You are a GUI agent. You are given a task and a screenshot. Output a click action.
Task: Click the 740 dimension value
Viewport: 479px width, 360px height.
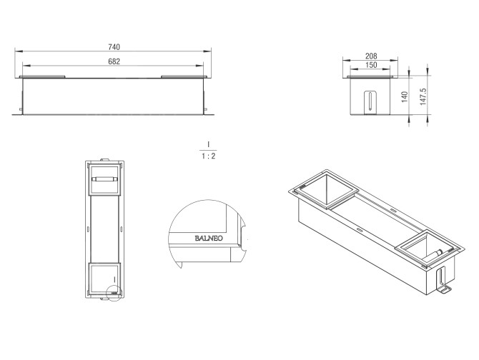pyautogui.click(x=114, y=46)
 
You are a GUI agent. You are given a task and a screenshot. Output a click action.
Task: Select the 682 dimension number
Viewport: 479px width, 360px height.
pyautogui.click(x=114, y=61)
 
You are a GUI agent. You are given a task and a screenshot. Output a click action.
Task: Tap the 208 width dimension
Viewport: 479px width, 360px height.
pyautogui.click(x=371, y=55)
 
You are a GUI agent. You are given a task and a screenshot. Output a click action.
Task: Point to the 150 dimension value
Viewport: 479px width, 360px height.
pyautogui.click(x=371, y=65)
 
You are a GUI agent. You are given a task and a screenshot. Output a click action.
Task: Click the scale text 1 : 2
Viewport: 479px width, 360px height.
pyautogui.click(x=208, y=156)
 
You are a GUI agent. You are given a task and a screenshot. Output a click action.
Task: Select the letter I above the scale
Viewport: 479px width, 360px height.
pyautogui.click(x=208, y=144)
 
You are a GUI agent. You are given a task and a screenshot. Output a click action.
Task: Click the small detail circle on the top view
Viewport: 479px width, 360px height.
pyautogui.click(x=112, y=291)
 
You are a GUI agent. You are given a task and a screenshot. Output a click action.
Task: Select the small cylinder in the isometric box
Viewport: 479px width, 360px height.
pyautogui.click(x=433, y=254)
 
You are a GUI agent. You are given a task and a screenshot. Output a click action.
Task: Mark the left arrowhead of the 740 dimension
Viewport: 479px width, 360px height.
pyautogui.click(x=16, y=51)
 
